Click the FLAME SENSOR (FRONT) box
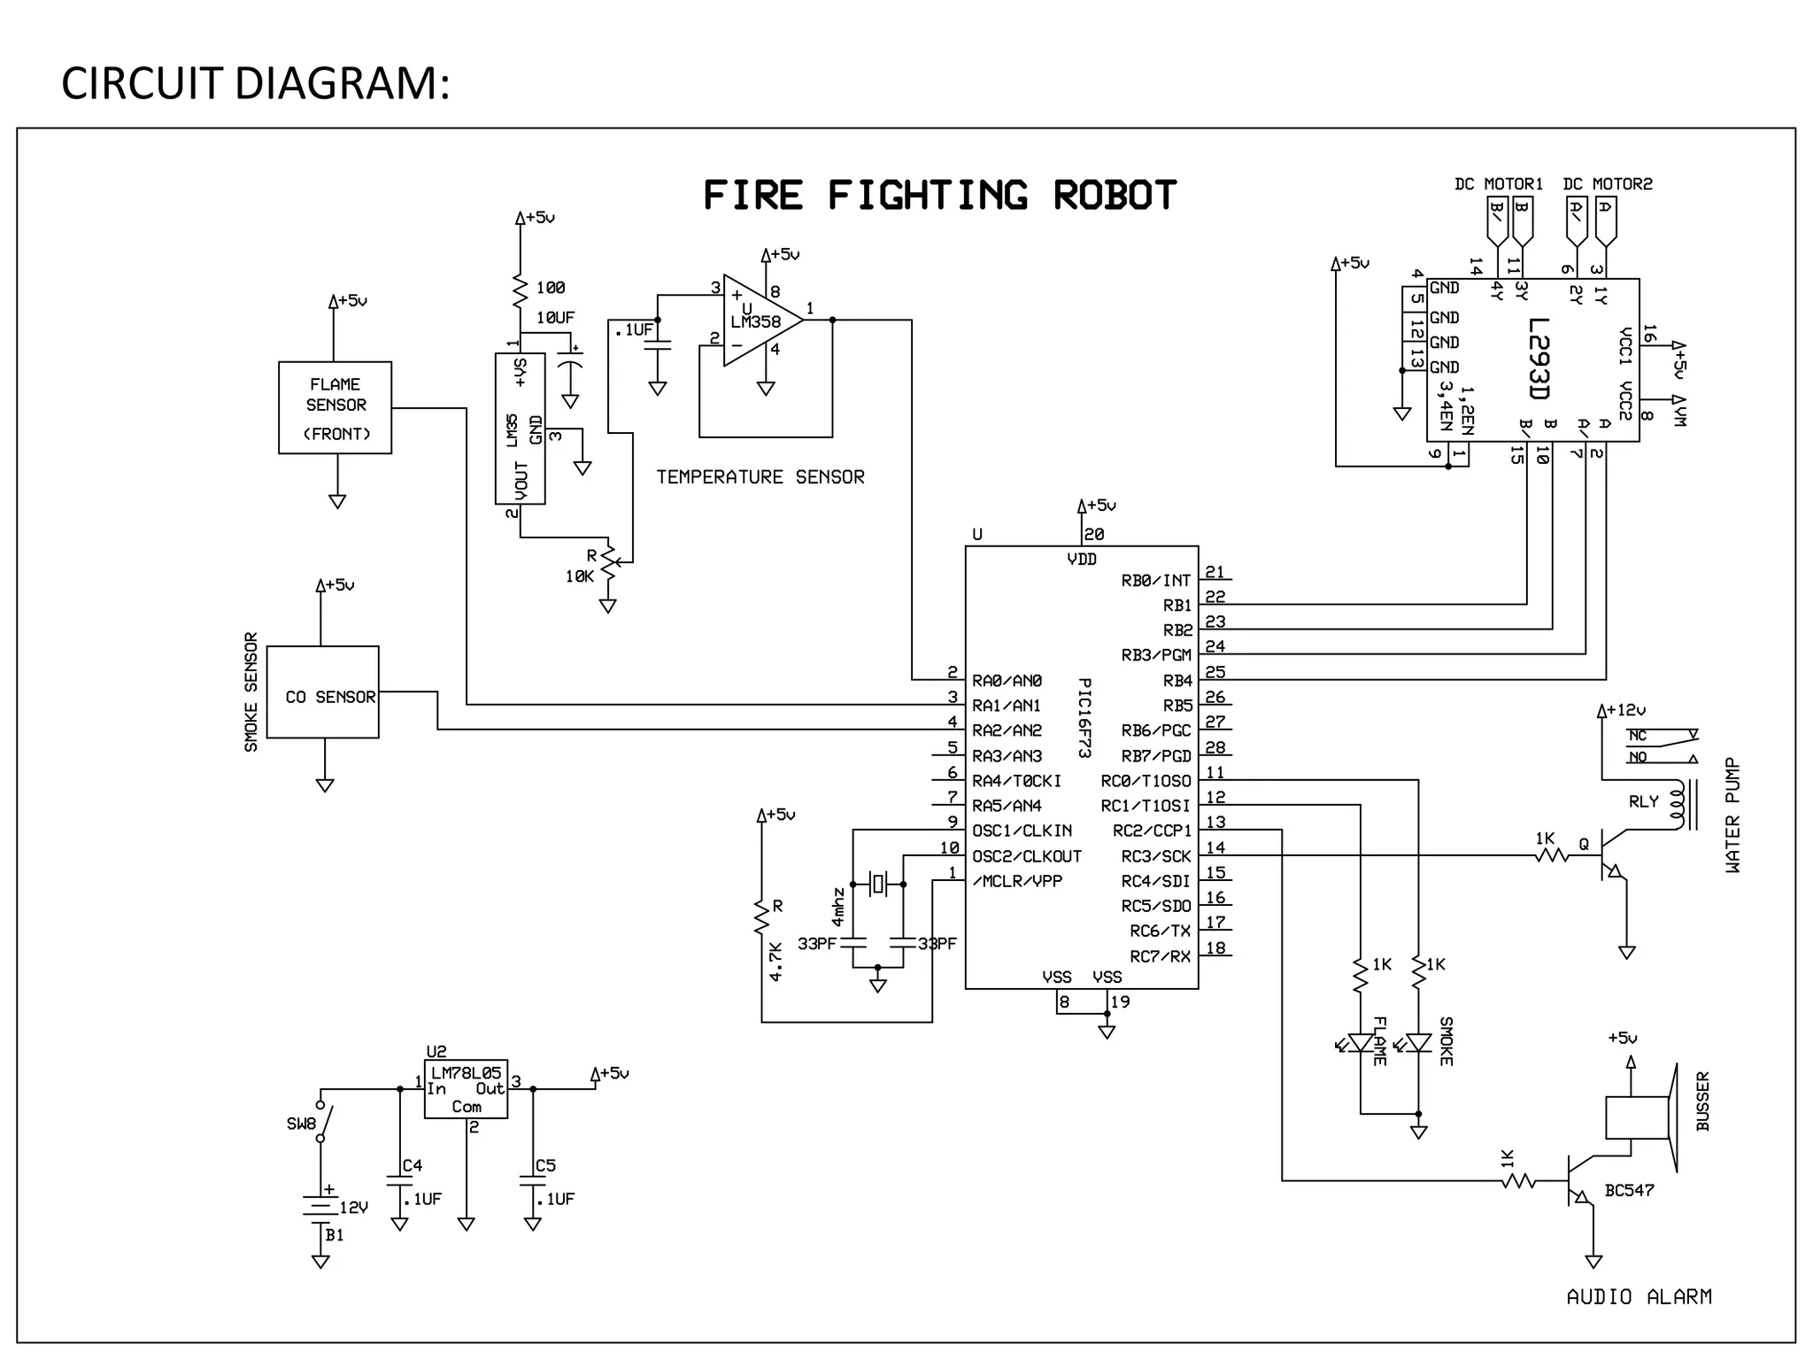coord(335,407)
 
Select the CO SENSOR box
coord(323,692)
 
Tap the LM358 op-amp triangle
coord(758,321)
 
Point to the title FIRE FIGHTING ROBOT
coord(939,196)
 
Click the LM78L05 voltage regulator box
coord(466,1089)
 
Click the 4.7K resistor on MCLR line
coord(761,917)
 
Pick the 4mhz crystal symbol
coord(877,883)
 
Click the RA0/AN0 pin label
coord(1007,681)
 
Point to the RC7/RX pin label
coord(1160,956)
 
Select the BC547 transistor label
coord(1629,1191)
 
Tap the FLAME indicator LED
coord(1360,1043)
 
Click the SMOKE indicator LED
coord(1418,1043)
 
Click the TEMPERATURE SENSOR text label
coord(760,477)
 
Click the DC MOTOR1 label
coord(1498,184)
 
